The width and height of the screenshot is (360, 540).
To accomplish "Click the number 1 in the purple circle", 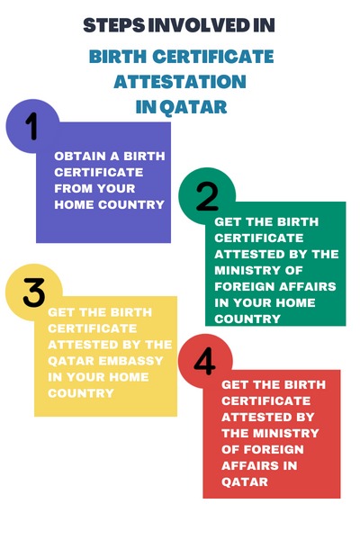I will click(32, 127).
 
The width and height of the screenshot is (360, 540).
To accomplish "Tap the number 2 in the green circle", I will click(207, 195).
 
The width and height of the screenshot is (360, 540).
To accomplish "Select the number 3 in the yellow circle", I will click(34, 292).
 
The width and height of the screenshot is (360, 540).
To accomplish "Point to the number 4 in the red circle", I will click(205, 362).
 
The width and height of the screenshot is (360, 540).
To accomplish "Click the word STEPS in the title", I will click(113, 25).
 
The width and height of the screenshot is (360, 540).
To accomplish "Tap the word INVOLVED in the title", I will click(197, 25).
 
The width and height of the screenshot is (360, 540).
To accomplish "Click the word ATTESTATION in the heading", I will click(180, 82).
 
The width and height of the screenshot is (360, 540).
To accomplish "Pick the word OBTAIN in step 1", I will click(76, 156).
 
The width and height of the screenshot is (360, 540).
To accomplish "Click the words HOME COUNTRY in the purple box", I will click(109, 204).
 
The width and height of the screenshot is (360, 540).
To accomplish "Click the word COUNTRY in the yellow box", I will click(81, 393).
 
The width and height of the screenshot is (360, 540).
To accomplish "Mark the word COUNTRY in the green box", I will click(247, 319).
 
